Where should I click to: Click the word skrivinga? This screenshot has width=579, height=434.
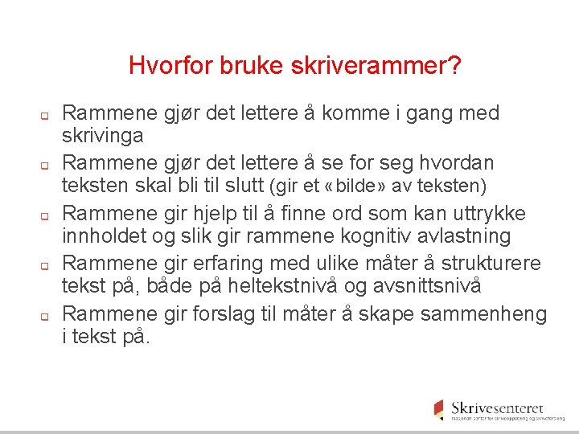point(103,135)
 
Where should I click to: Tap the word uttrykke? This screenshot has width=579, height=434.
point(487,214)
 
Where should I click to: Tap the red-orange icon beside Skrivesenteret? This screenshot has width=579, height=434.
point(438,409)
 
